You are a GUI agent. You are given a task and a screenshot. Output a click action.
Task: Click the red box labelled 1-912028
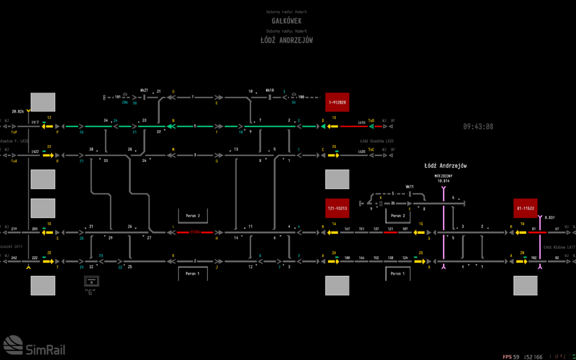(338, 102)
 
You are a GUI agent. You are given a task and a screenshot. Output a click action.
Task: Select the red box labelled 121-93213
(338, 208)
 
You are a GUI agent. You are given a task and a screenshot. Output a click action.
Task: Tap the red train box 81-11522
(525, 208)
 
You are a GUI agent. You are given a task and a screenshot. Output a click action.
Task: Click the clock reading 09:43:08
(478, 127)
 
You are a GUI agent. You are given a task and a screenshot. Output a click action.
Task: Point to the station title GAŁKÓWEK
(286, 21)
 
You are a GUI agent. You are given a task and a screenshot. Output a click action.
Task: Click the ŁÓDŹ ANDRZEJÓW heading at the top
(286, 40)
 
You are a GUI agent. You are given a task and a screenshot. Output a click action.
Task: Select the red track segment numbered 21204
(195, 233)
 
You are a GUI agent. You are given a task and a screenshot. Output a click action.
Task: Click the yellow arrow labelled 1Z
(48, 126)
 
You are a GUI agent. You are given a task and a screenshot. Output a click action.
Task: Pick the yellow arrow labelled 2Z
(48, 155)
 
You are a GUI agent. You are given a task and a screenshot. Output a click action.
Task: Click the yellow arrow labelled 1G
(420, 233)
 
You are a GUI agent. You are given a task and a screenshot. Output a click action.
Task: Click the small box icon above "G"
(92, 281)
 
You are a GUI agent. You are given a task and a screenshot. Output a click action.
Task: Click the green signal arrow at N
(170, 126)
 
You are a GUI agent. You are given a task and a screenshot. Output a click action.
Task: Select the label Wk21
(144, 90)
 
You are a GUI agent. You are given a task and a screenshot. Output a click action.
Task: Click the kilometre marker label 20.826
(18, 111)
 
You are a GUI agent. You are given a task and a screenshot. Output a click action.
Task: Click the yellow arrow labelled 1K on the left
(48, 233)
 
